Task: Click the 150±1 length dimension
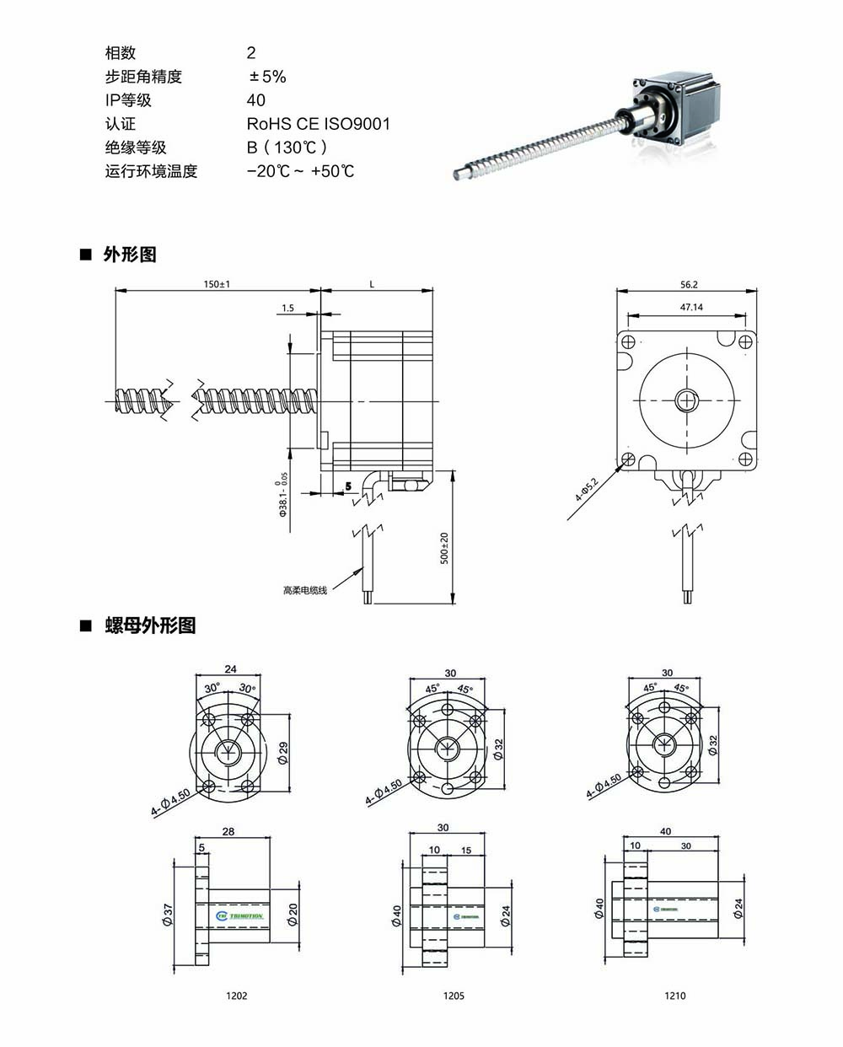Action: [216, 284]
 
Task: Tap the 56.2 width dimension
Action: [688, 285]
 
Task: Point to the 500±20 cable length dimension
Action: [445, 549]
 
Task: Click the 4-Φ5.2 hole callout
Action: [586, 490]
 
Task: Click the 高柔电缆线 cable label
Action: [304, 590]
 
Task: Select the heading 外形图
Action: [130, 255]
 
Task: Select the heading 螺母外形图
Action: [150, 626]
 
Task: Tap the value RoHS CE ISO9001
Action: [318, 124]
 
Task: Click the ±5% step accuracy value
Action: [267, 77]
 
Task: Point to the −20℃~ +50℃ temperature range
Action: [300, 171]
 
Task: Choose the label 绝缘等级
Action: [136, 148]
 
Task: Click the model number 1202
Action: [237, 996]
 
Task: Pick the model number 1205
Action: [454, 996]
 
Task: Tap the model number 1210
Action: [674, 996]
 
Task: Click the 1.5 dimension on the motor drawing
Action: [287, 309]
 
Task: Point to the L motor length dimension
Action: [372, 285]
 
